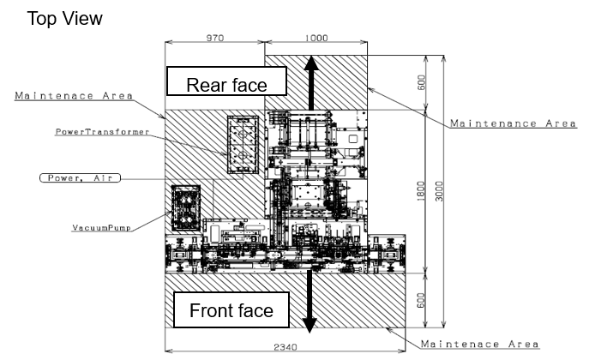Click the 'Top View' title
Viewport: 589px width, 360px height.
pos(64,19)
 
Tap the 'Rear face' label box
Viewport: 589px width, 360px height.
pos(226,81)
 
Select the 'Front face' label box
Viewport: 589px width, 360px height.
pos(231,310)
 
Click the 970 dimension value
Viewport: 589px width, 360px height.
pos(215,38)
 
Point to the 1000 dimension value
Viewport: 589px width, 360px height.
pos(316,38)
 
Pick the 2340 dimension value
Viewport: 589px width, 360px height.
pos(285,347)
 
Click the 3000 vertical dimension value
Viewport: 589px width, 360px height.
pos(439,191)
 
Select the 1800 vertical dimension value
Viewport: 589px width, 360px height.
pos(421,191)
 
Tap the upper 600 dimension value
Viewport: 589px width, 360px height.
pos(422,82)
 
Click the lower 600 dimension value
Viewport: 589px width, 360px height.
pos(422,300)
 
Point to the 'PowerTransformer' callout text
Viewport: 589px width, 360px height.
pos(103,132)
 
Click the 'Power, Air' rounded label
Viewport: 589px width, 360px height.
pos(80,178)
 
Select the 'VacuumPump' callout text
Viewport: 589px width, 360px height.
pos(101,228)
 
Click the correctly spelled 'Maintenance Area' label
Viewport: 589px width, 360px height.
pos(513,123)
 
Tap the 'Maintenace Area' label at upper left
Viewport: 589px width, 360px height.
pos(74,96)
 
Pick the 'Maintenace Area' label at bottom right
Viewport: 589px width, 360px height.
pos(480,344)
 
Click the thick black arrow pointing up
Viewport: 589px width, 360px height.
pos(311,82)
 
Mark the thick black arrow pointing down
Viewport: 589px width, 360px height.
pos(310,301)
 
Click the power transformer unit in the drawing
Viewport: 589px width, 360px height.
pos(243,145)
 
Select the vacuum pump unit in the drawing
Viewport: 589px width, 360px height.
pos(185,207)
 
